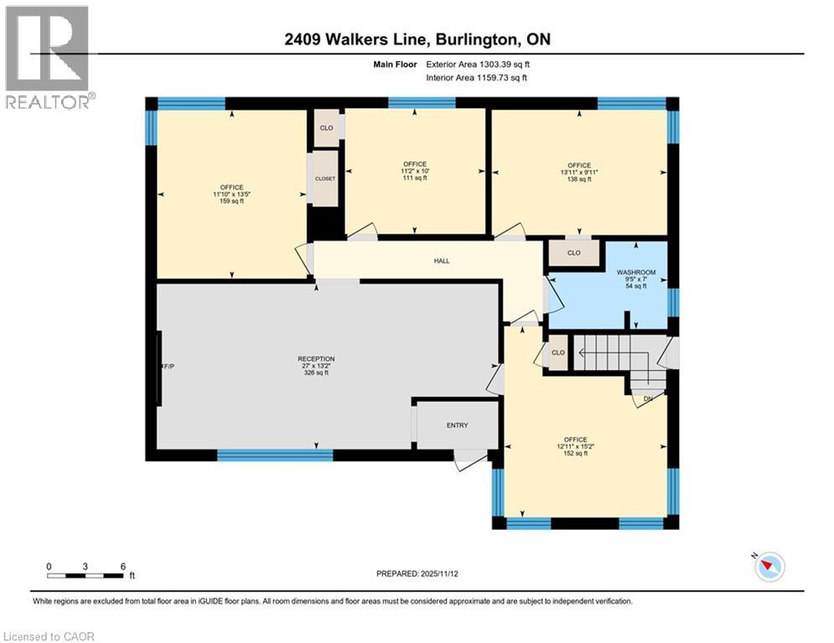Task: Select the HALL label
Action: [442, 261]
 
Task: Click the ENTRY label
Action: [457, 425]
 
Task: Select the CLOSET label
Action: [325, 178]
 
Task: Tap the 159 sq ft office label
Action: [232, 194]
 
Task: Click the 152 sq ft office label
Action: [575, 446]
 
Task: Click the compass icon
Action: [769, 567]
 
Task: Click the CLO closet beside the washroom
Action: [574, 252]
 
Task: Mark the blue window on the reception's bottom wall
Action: [275, 455]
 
